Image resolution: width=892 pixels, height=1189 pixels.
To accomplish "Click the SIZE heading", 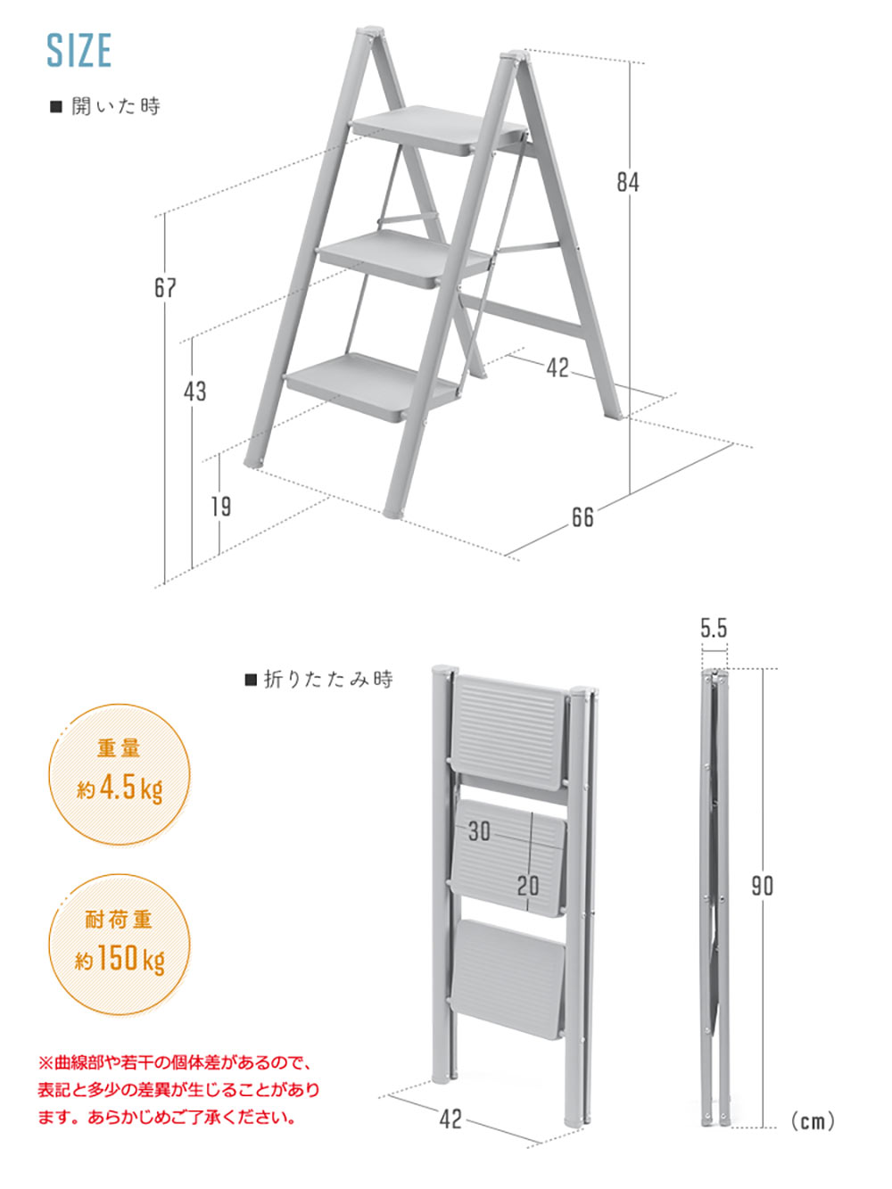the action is point(79,50).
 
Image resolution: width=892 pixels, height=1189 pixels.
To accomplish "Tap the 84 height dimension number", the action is point(628,182).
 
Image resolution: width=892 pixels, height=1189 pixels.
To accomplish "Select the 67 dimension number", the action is point(165,287).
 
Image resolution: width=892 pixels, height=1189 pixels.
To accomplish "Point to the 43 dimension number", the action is point(195,391).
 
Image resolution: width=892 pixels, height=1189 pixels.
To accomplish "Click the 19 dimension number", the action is point(221,507).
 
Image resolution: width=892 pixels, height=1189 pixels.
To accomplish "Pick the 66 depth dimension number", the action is point(582,517).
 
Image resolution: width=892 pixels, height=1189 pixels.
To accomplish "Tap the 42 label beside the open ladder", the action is point(557,368).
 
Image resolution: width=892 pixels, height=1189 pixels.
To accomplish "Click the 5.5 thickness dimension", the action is point(714,628).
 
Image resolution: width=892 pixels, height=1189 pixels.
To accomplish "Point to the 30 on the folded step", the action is point(479,831).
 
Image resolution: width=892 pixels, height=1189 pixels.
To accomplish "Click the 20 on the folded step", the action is point(528,886).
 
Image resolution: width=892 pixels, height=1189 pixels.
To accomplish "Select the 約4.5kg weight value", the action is point(120,789).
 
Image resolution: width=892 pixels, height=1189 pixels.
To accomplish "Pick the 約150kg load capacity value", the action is point(120,959).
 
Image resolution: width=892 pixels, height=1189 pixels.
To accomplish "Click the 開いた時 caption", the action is point(116,106).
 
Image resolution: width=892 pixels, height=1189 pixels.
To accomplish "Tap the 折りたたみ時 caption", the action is point(328,680).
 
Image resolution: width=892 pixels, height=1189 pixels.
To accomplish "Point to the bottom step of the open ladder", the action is point(373,386).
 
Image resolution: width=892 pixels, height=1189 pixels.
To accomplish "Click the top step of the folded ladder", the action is point(509,732).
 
